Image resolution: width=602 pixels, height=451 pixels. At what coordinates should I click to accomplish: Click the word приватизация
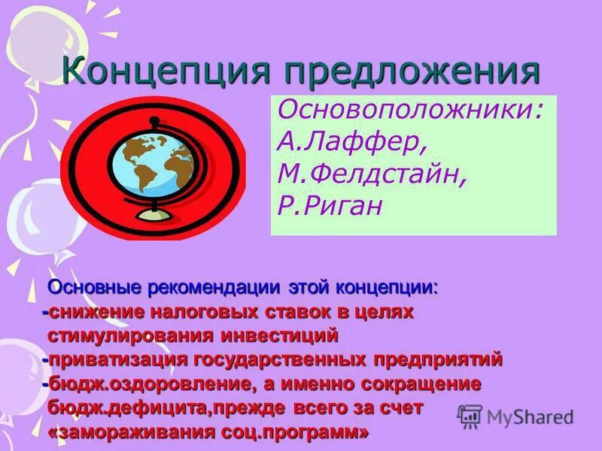click(119, 359)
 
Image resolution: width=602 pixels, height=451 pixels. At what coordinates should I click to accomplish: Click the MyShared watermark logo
click(516, 416)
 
